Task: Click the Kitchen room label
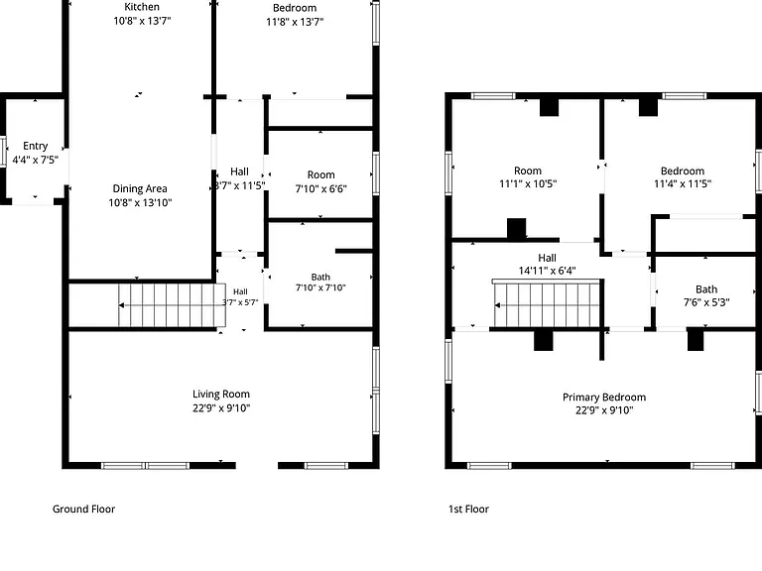click(142, 7)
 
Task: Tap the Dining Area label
click(140, 188)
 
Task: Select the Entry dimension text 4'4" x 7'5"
click(35, 160)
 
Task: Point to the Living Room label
click(221, 394)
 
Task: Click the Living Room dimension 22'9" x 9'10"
click(221, 407)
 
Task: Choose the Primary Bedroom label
click(604, 398)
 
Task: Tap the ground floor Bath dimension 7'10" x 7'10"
click(320, 287)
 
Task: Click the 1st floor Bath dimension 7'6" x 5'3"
click(706, 302)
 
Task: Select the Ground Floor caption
click(83, 509)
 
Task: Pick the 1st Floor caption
click(468, 509)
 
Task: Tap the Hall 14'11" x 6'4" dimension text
click(548, 271)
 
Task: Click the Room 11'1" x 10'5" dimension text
click(528, 183)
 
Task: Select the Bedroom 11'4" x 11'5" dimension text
click(683, 183)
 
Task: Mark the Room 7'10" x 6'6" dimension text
click(320, 188)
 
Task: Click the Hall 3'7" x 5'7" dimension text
click(240, 302)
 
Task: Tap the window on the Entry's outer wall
click(2, 152)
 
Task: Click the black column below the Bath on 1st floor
click(696, 339)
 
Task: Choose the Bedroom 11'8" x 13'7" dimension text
click(295, 22)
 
